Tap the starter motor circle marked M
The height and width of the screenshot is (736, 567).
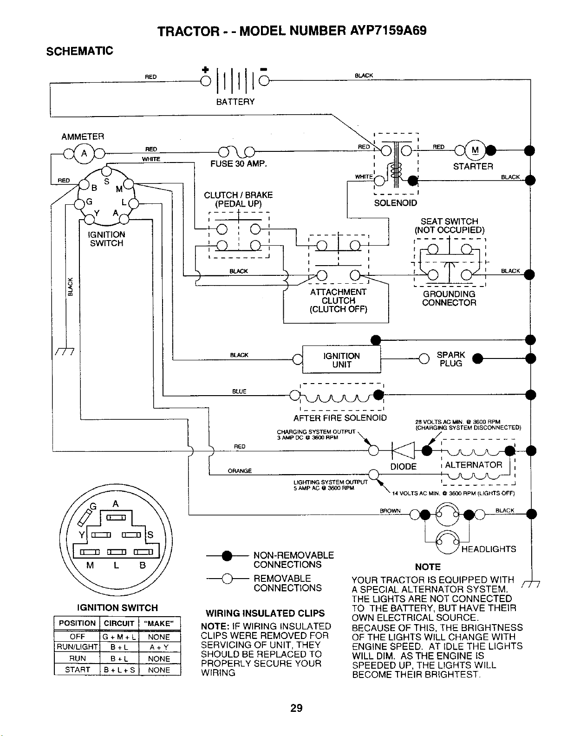point(475,150)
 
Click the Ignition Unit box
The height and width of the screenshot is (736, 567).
point(341,359)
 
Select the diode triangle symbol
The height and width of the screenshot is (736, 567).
point(403,450)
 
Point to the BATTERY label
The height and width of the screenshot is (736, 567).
point(235,102)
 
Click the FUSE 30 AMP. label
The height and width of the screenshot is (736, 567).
point(239,164)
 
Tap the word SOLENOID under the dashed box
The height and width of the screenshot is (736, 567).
point(395,203)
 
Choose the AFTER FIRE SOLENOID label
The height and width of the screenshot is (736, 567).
point(340,418)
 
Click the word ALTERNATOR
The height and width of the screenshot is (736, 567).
point(474,465)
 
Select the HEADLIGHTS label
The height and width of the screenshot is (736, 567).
point(489,549)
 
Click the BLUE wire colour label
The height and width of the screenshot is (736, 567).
point(239,391)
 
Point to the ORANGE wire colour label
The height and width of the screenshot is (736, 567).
point(240,471)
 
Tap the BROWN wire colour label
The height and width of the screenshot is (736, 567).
point(390,510)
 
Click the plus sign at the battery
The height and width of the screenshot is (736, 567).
point(205,70)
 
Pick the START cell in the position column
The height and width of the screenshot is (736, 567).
point(77,670)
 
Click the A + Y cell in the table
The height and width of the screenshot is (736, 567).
point(159,647)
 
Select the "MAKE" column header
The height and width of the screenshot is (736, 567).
point(159,623)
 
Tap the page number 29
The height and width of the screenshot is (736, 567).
point(296,708)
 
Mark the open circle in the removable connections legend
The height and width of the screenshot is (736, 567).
point(227,579)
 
